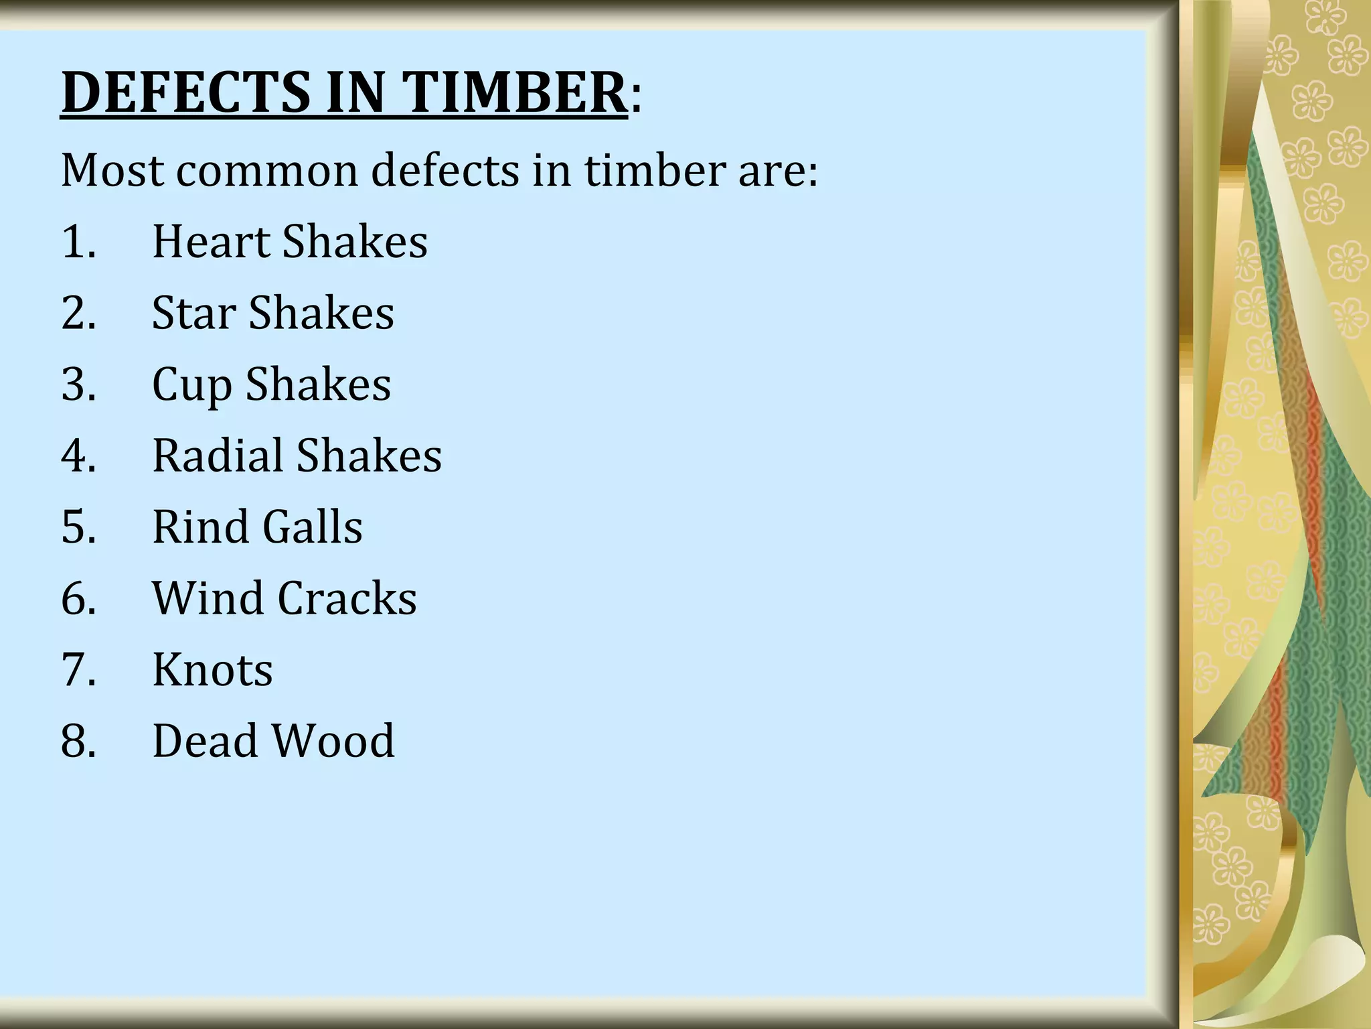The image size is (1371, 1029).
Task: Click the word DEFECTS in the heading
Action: tap(186, 92)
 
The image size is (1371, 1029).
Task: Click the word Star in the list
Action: tap(193, 313)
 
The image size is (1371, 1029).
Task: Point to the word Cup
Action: tap(191, 386)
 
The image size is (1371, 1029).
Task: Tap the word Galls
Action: tap(312, 527)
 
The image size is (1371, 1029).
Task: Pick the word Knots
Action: tap(212, 670)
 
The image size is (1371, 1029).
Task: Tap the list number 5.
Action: tap(78, 527)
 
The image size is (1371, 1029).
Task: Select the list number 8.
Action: tap(78, 741)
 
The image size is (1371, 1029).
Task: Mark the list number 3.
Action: tap(78, 385)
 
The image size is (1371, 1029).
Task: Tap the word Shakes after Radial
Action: tap(369, 456)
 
